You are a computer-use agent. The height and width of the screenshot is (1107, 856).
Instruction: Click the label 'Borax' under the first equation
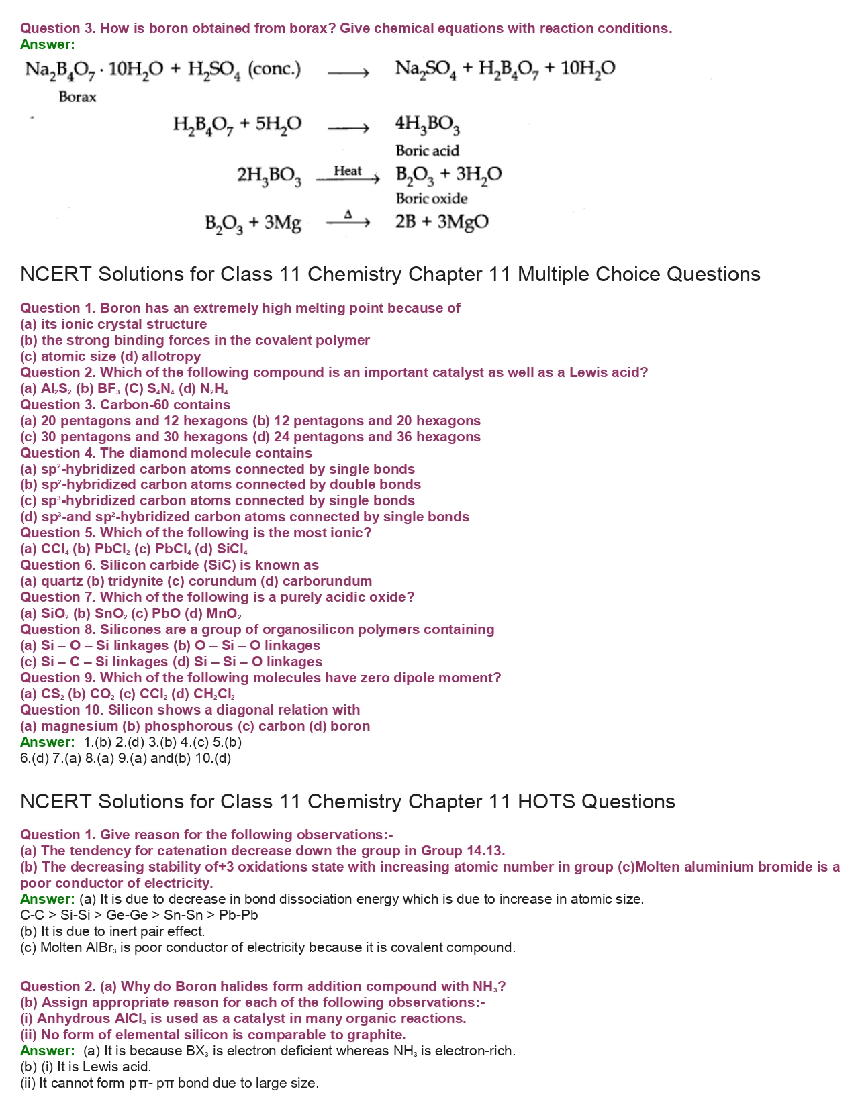tap(77, 97)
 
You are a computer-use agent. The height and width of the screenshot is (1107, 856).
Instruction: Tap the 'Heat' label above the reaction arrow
tap(347, 171)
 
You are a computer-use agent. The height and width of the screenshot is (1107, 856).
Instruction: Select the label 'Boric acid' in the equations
tap(427, 151)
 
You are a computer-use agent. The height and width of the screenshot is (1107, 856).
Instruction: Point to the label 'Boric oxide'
tap(431, 199)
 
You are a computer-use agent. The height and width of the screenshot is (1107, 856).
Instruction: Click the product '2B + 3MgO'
tap(441, 222)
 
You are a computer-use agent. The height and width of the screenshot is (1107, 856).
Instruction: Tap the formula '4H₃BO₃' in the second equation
tap(427, 125)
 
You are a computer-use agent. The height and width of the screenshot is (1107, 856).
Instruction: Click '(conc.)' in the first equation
tap(275, 69)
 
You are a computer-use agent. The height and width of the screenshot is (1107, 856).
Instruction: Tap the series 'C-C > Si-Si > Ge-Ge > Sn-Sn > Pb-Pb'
tap(139, 915)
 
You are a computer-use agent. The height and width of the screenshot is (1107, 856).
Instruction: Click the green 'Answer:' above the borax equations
tap(48, 44)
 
